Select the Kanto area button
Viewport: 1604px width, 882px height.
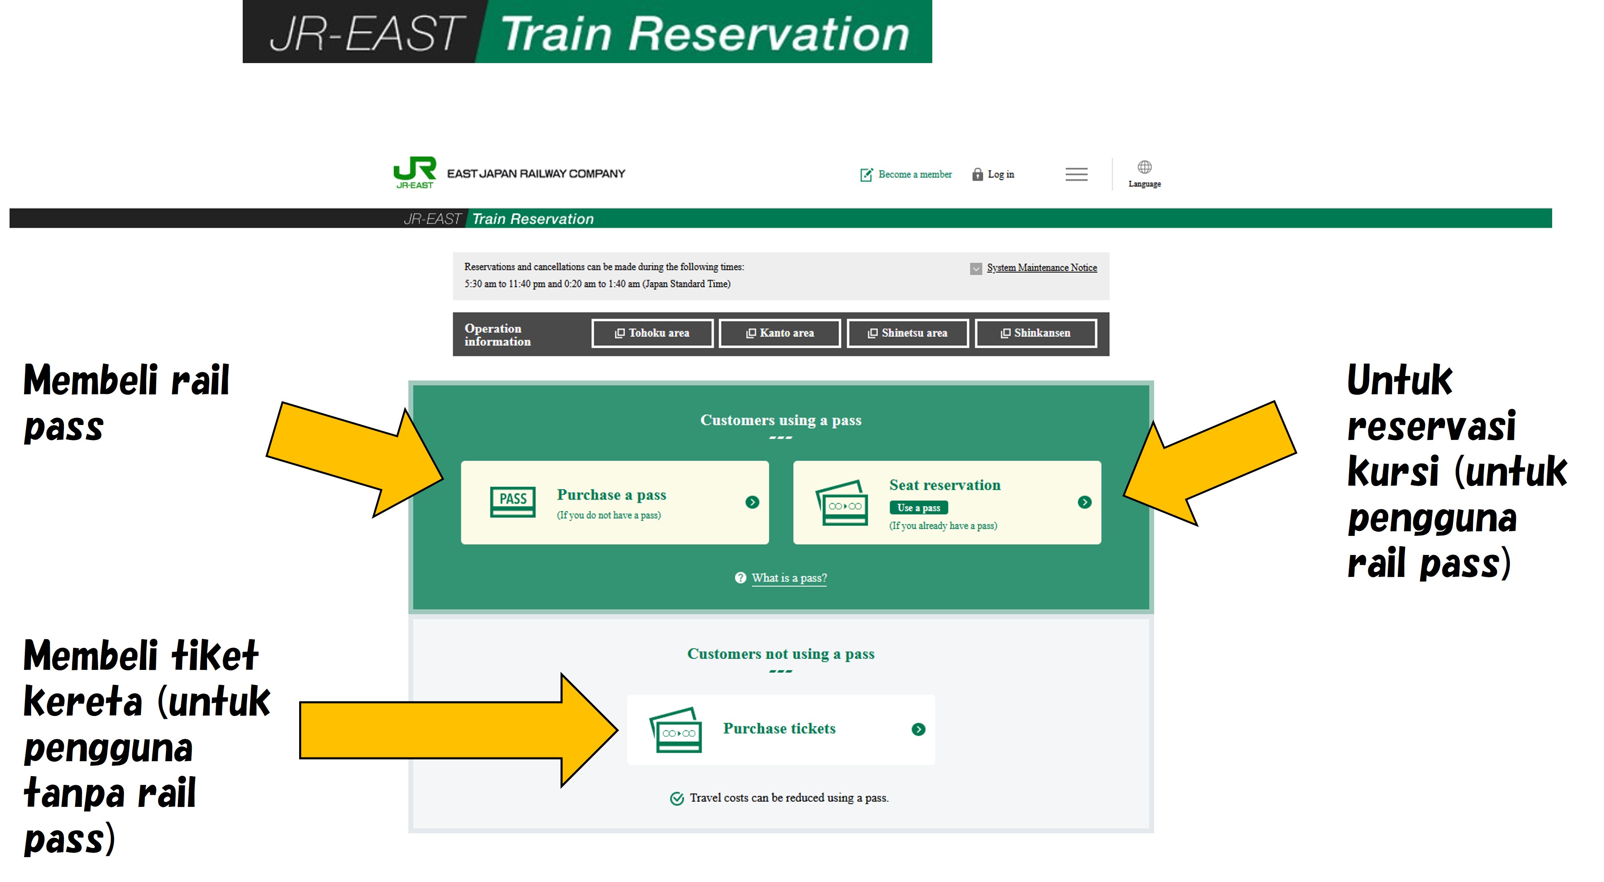780,333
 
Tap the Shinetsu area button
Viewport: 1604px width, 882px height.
907,333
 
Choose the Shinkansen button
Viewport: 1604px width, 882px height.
1036,333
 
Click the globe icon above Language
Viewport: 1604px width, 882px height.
1144,167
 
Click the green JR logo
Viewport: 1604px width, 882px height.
415,172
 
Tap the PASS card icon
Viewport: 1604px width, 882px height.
512,501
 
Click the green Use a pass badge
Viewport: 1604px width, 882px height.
919,508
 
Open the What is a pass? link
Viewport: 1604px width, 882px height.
789,578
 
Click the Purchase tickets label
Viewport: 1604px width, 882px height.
779,729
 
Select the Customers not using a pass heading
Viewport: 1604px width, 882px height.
780,654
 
